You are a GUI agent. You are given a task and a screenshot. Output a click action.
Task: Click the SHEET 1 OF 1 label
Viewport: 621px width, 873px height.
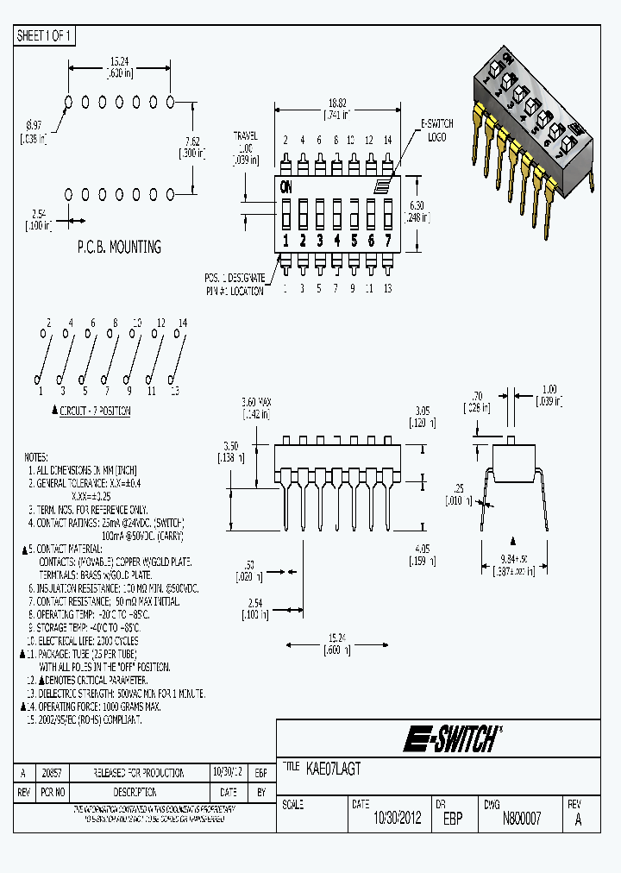pyautogui.click(x=45, y=35)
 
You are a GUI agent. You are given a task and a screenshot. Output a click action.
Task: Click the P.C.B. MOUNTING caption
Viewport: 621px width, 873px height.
pyautogui.click(x=119, y=247)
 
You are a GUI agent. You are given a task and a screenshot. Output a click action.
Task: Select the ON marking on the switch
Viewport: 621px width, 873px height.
pyautogui.click(x=285, y=185)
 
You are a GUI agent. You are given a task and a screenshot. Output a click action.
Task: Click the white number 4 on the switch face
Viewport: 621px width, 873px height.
pyautogui.click(x=336, y=241)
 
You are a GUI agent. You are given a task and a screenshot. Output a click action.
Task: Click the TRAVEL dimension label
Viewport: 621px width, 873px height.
pyautogui.click(x=246, y=136)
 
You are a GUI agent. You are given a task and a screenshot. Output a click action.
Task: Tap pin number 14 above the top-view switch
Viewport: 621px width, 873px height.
pyautogui.click(x=387, y=140)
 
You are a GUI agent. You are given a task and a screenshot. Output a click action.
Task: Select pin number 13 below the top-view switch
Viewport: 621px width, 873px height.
pyautogui.click(x=387, y=289)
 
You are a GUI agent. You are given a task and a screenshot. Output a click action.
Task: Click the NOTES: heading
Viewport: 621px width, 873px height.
pyautogui.click(x=36, y=457)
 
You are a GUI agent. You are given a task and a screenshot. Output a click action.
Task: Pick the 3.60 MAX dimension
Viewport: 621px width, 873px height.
pyautogui.click(x=256, y=403)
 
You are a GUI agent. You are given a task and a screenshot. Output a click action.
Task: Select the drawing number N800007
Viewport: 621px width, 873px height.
pyautogui.click(x=522, y=819)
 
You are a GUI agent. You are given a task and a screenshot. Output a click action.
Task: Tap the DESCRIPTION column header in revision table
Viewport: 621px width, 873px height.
pyautogui.click(x=134, y=791)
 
